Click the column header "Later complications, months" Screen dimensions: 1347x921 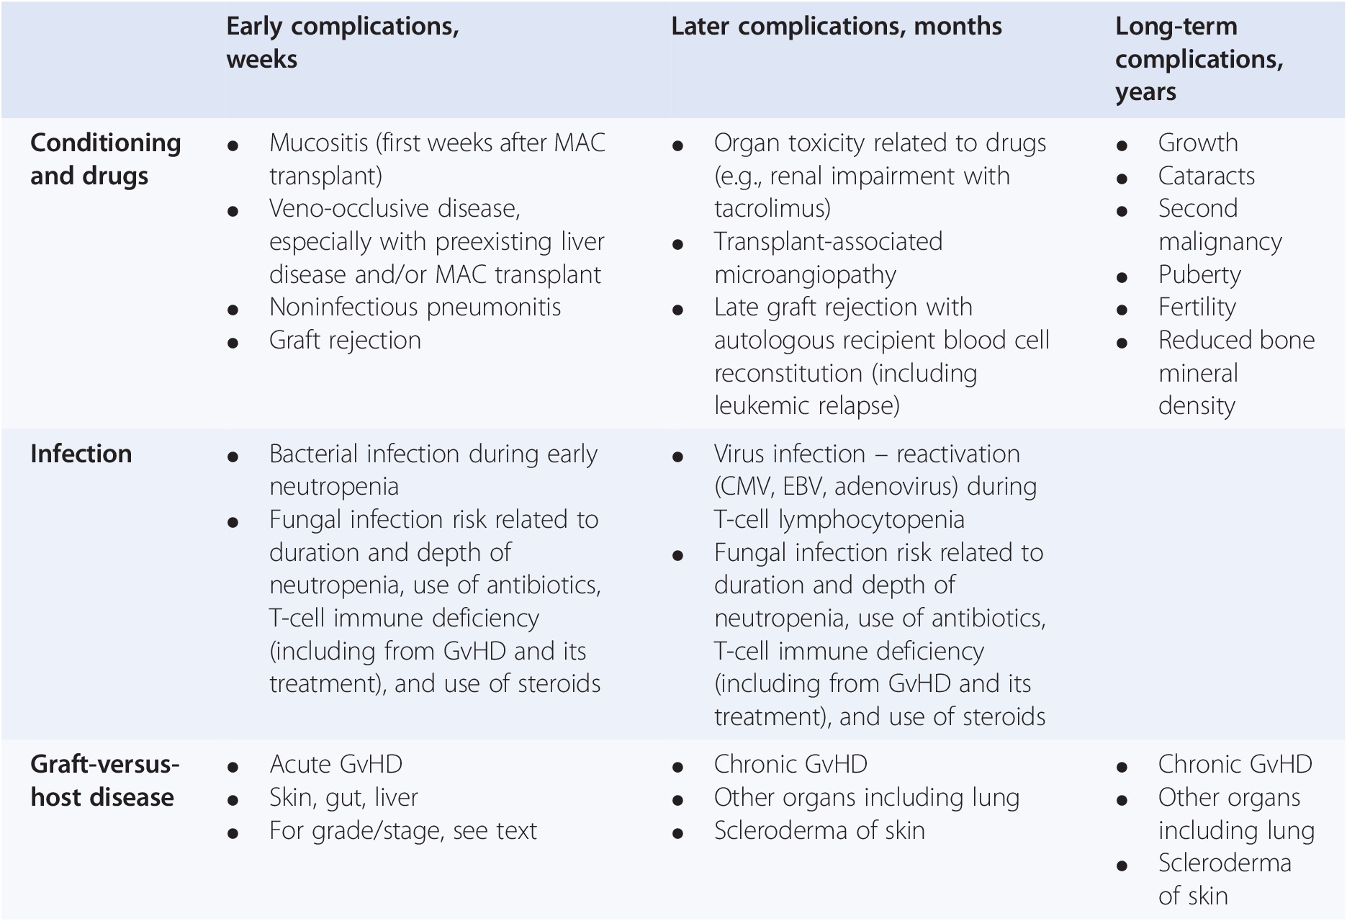[836, 27]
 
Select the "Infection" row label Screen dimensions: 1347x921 [81, 454]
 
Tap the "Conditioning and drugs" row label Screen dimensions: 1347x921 [105, 159]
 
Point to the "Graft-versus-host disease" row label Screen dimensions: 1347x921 [105, 781]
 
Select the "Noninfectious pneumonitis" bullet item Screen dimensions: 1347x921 [415, 307]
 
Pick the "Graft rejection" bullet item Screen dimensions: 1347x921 [345, 341]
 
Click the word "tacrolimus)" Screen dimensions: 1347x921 [772, 209]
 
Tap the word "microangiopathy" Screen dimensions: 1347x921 [805, 275]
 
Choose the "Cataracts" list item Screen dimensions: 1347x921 [1206, 176]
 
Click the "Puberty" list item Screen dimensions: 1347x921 [1199, 275]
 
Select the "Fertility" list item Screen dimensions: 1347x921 [1197, 307]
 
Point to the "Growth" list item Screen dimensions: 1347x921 [1198, 143]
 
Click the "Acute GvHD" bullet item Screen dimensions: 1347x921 [335, 764]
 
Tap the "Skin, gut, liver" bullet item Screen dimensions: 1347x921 [343, 798]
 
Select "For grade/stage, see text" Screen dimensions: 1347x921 [403, 831]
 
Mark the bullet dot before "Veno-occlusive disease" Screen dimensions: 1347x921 [233, 212]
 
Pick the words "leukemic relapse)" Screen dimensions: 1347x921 [807, 406]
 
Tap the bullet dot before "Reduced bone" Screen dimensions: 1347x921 [1122, 343]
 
